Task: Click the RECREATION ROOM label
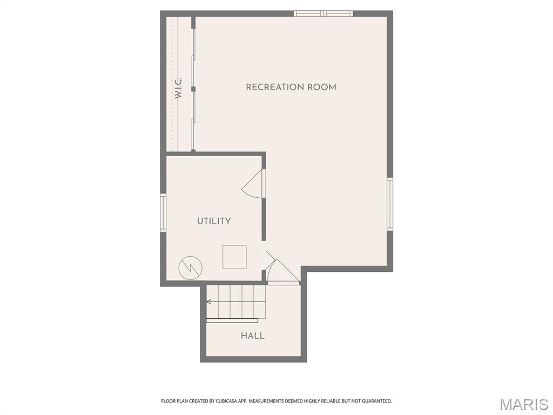pyautogui.click(x=291, y=87)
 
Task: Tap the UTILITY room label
pyautogui.click(x=214, y=221)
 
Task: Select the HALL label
pyautogui.click(x=253, y=336)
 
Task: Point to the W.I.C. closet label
pyautogui.click(x=178, y=88)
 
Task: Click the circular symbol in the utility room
pyautogui.click(x=190, y=266)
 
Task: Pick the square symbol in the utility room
pyautogui.click(x=234, y=257)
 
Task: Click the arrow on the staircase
pyautogui.click(x=210, y=302)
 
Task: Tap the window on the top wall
pyautogui.click(x=323, y=14)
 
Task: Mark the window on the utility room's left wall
pyautogui.click(x=163, y=213)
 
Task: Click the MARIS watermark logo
pyautogui.click(x=524, y=404)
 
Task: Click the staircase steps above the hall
pyautogui.click(x=237, y=302)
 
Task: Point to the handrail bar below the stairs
pyautogui.click(x=232, y=320)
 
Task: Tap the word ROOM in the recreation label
pyautogui.click(x=323, y=87)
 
